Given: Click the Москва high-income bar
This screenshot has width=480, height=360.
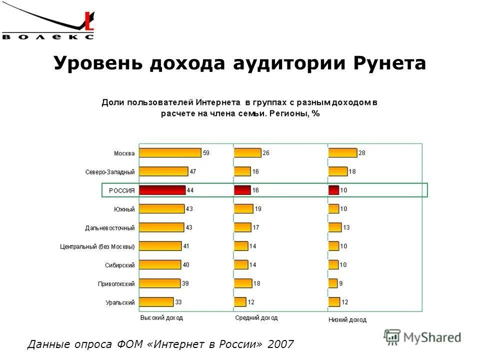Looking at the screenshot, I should [x=170, y=153].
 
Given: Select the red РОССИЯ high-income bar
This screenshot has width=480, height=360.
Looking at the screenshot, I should [x=162, y=190].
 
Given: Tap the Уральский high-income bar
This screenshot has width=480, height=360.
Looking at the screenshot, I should [x=156, y=302].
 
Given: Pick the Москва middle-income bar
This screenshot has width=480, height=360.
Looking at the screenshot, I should [x=247, y=153].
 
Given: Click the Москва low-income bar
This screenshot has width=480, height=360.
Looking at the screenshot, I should [x=342, y=153].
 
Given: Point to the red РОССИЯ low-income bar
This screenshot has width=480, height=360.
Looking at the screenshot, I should [x=333, y=190].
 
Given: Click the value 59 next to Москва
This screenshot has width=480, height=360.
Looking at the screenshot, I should [x=206, y=153].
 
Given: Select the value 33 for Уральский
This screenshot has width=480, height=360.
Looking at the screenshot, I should [x=179, y=302].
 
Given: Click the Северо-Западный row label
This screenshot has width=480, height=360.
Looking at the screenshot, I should [x=109, y=172].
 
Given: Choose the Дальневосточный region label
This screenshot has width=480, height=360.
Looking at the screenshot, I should [x=109, y=228].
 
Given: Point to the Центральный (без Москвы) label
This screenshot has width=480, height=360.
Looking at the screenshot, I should [x=97, y=246].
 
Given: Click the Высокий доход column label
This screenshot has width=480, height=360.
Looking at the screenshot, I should [x=161, y=318].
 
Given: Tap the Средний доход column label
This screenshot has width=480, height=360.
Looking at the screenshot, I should [x=256, y=318].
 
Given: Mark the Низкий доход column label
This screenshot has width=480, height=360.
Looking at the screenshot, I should [x=347, y=319].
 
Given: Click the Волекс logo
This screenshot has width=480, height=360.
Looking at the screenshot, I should [x=48, y=24].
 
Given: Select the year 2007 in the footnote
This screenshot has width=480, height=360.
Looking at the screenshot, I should [x=281, y=344].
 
